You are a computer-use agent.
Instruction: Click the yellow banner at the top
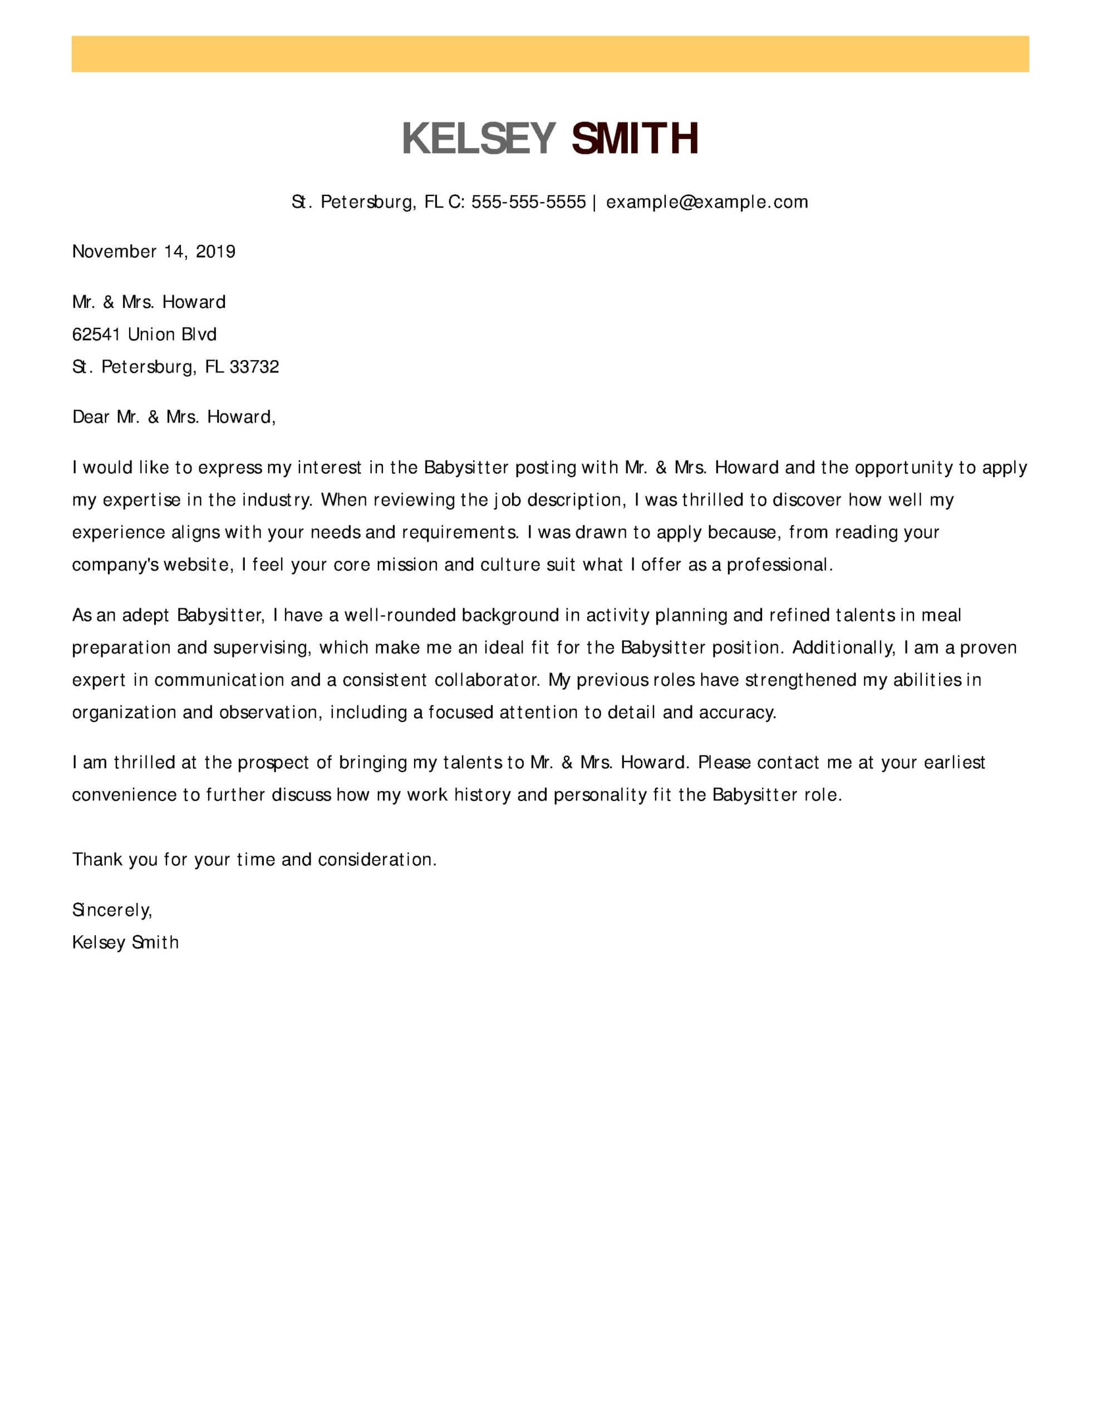550,54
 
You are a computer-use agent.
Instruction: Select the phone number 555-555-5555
529,202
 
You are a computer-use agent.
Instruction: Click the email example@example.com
707,202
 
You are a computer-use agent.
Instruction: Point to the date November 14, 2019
154,252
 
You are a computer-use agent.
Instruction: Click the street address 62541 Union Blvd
144,335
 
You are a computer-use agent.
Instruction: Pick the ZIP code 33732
254,367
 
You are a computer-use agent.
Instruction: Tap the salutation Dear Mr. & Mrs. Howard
174,417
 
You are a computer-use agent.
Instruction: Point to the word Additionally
843,648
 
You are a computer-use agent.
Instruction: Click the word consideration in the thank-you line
377,860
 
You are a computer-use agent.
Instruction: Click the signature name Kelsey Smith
125,943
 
